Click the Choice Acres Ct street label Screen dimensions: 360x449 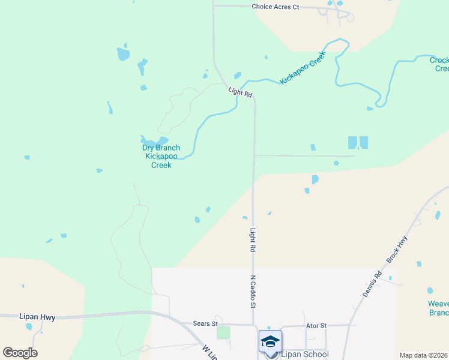(x=275, y=7)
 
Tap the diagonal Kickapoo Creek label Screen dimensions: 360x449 (x=303, y=67)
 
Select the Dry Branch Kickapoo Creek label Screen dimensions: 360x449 (x=160, y=156)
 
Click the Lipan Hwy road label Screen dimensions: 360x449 (x=37, y=317)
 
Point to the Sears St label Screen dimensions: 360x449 (x=205, y=323)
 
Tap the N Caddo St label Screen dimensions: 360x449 (x=253, y=292)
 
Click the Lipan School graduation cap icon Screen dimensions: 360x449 (x=270, y=341)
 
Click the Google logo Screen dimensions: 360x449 (x=20, y=353)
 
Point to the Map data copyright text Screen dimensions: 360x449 (x=424, y=355)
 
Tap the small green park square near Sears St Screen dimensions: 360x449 (x=223, y=332)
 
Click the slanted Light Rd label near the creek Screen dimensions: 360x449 (x=240, y=93)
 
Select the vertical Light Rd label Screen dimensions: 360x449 (x=253, y=239)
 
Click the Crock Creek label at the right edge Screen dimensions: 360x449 (x=440, y=64)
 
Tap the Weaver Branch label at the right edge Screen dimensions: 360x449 (x=438, y=308)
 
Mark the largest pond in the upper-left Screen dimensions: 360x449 (x=123, y=54)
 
